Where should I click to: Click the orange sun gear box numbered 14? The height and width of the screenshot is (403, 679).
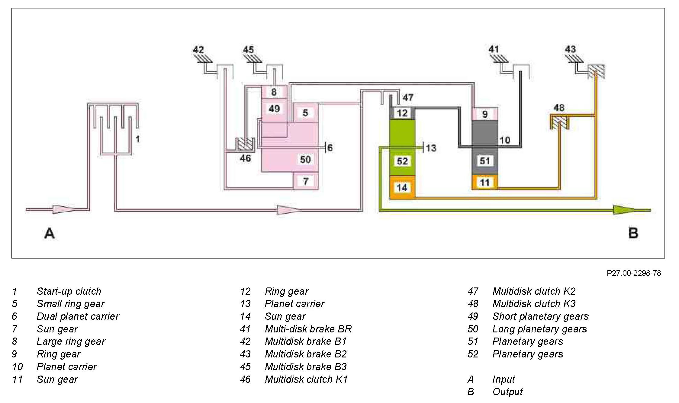click(402, 188)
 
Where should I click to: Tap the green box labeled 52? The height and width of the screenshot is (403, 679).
click(402, 161)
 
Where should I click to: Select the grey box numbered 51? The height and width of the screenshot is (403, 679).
click(485, 160)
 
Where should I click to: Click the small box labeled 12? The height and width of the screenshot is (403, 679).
click(402, 113)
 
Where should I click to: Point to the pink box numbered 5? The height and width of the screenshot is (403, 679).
click(305, 113)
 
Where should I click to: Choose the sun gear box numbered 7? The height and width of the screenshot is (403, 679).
click(306, 181)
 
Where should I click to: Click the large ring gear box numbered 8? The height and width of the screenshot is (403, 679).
click(274, 92)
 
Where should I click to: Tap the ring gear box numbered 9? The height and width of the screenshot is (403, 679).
click(485, 114)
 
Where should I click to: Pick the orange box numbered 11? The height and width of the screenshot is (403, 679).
click(485, 182)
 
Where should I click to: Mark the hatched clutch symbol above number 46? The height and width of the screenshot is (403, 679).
click(244, 144)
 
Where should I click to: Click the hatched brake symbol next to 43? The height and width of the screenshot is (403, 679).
click(596, 71)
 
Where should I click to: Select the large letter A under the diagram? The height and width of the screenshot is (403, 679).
click(50, 233)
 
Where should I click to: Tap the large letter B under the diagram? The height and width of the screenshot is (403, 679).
click(633, 233)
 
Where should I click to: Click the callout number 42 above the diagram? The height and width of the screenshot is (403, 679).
click(198, 50)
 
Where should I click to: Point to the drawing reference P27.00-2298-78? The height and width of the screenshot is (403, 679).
click(634, 273)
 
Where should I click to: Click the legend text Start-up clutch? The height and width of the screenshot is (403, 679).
click(69, 291)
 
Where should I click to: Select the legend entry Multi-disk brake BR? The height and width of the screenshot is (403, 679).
click(308, 329)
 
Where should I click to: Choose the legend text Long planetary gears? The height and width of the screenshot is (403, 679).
click(539, 329)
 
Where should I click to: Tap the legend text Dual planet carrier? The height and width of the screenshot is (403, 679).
click(78, 316)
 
